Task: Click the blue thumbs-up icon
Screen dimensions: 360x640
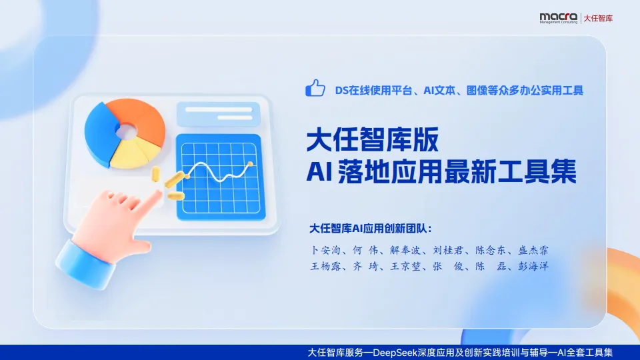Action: click(x=315, y=88)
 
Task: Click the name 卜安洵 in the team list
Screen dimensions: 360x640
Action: click(x=326, y=251)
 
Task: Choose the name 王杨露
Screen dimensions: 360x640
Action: click(x=326, y=267)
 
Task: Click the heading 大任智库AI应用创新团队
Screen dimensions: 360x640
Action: click(x=371, y=228)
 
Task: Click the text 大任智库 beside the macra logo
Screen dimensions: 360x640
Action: click(x=598, y=18)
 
